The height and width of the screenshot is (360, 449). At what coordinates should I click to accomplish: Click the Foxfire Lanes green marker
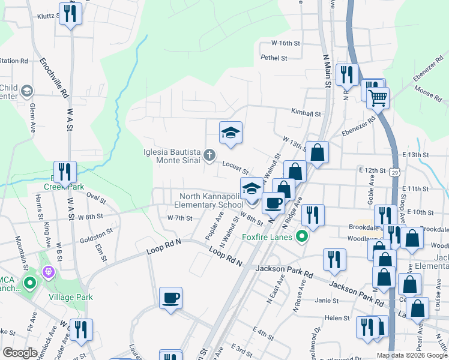click(x=304, y=236)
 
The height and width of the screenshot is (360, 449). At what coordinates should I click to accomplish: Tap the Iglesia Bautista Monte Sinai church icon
click(x=209, y=156)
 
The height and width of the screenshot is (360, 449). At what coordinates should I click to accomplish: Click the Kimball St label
click(x=306, y=113)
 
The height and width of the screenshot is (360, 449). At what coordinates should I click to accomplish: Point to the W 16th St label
click(x=285, y=43)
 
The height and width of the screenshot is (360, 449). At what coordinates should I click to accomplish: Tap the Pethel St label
click(x=274, y=58)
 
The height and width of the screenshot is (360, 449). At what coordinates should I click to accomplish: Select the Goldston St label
click(x=96, y=235)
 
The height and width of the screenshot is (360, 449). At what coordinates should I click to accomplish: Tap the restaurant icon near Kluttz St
click(x=71, y=14)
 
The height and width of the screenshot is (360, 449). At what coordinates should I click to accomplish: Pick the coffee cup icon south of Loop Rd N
click(x=170, y=298)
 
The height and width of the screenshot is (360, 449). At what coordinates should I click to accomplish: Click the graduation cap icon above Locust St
click(x=231, y=133)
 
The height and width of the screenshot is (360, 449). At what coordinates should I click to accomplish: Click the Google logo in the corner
click(x=20, y=353)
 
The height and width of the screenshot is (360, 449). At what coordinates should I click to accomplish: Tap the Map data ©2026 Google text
click(x=412, y=355)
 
